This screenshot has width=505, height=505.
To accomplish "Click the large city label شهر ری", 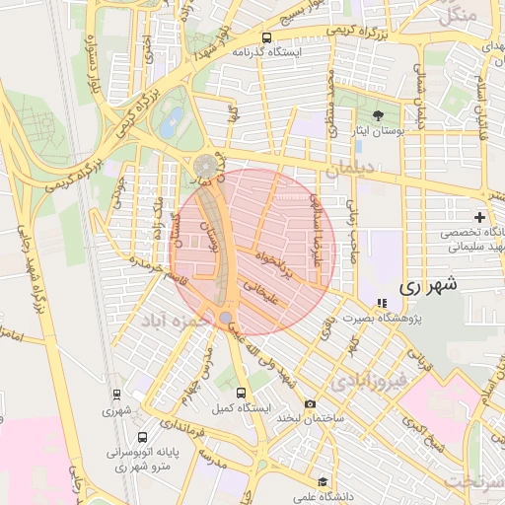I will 432,286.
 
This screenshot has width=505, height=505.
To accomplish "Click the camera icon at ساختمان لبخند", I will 310,403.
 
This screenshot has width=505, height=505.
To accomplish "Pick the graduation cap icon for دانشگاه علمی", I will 325,482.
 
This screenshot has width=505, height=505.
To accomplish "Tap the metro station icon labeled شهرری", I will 117,395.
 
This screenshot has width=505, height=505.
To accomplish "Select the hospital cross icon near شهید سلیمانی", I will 479,216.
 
